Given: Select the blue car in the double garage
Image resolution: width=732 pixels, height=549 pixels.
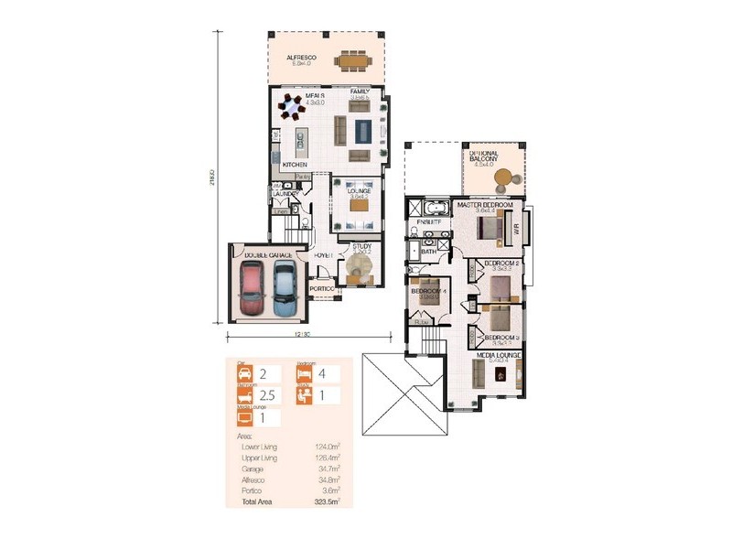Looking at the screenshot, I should (285, 283).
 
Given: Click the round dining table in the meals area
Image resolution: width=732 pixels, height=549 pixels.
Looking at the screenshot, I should (292, 109).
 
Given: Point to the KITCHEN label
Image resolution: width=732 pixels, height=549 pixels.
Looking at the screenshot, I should (294, 165).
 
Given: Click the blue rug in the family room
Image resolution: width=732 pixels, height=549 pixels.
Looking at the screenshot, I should (362, 131).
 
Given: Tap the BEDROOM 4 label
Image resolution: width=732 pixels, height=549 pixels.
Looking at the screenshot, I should (427, 291).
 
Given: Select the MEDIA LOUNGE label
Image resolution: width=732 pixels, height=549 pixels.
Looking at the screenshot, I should (498, 354).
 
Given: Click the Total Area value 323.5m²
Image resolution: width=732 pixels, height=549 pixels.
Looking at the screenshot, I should (327, 503).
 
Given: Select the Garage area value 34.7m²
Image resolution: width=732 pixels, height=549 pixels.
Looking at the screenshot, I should (328, 467).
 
